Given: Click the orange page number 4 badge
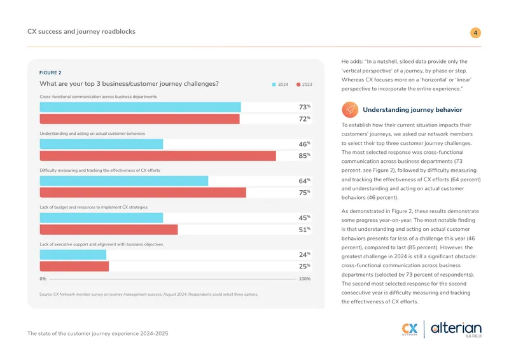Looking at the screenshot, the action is [x=475, y=33].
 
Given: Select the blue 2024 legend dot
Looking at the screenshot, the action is [x=274, y=85].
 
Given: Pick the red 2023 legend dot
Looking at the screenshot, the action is [x=298, y=85].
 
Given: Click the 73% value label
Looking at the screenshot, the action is [x=305, y=107].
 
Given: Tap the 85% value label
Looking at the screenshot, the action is [x=305, y=156].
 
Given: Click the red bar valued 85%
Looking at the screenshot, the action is [x=158, y=156].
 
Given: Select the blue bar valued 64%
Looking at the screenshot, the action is [x=124, y=181].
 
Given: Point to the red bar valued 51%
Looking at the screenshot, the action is [x=109, y=230].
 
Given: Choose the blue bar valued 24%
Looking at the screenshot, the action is [x=73, y=254].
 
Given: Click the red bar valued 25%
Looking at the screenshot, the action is [x=74, y=267].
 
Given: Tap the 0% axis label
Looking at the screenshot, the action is [x=43, y=279].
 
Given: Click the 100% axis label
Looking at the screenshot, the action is [x=305, y=279].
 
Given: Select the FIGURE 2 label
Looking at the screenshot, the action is [x=50, y=73].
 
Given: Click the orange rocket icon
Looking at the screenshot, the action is [x=350, y=110].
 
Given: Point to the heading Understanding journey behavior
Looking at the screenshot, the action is [x=412, y=110].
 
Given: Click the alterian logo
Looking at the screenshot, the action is [x=456, y=329].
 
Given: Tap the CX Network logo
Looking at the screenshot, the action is [x=410, y=329].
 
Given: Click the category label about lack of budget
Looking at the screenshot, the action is [x=94, y=207].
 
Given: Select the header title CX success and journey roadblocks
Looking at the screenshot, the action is [x=81, y=32].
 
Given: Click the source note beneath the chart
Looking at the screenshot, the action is [x=149, y=294].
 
